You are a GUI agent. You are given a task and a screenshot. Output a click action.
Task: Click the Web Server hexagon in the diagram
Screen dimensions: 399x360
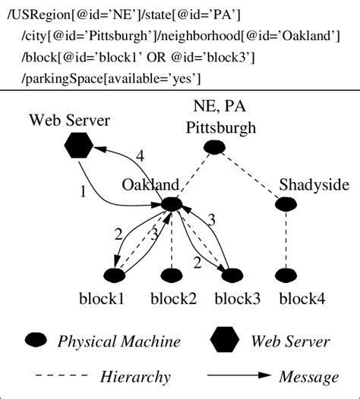(77, 146)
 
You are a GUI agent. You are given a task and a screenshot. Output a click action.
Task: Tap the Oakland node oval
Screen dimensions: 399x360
(172, 204)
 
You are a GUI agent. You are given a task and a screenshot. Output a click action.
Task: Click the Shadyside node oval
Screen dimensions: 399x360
(286, 203)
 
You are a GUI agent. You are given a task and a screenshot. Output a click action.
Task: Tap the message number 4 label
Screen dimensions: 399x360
(139, 158)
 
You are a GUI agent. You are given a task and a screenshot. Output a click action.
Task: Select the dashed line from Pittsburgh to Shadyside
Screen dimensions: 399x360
(251, 175)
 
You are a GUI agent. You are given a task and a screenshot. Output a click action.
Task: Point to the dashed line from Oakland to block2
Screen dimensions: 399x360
(172, 240)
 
